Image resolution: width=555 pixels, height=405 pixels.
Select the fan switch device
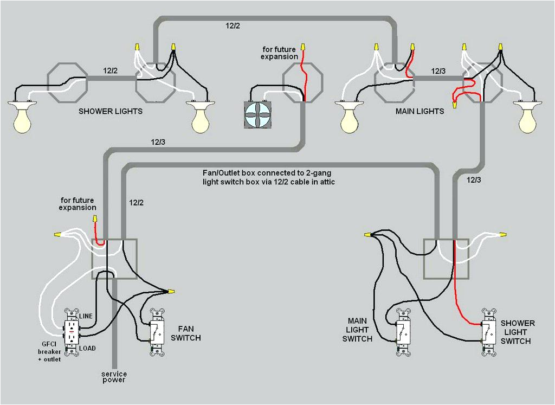pos(157,332)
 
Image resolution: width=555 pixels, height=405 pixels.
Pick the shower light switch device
pos(489,332)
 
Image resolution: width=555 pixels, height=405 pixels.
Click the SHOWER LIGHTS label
pos(111,111)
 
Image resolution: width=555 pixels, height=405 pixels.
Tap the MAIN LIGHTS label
pos(420,111)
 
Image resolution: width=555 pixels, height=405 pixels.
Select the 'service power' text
pos(114,377)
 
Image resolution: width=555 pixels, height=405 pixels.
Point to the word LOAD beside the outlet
pos(87,348)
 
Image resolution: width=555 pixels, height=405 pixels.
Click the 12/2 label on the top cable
pos(233,25)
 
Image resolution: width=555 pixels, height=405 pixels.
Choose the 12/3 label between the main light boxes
pos(438,71)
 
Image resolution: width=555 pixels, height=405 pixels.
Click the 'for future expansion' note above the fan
pos(279,53)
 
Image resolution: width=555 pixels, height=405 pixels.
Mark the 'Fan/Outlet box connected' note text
pos(268,177)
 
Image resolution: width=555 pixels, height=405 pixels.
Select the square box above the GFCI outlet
pos(114,259)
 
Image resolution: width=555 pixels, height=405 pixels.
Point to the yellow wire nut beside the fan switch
pos(171,291)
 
